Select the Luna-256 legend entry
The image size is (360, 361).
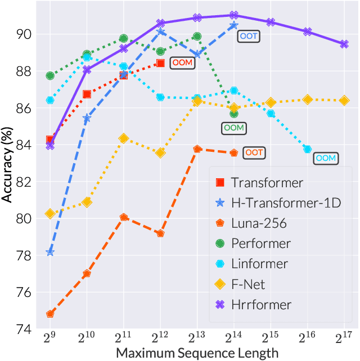[259, 223]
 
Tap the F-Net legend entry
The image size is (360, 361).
[247, 285]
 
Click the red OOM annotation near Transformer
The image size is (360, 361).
[182, 63]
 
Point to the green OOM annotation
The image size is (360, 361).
[233, 128]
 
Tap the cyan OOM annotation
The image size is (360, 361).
[325, 158]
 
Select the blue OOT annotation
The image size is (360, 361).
[248, 35]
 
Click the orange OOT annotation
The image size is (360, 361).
[254, 152]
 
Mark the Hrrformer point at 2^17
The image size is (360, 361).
[344, 44]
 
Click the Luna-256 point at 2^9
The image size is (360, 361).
[50, 314]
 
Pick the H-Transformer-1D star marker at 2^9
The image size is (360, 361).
[50, 252]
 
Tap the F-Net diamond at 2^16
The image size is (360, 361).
[307, 100]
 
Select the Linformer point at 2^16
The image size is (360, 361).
[307, 149]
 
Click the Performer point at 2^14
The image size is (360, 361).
[234, 114]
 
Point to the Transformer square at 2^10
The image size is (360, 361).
[87, 94]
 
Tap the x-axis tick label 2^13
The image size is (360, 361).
[196, 339]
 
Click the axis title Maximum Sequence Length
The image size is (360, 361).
[197, 353]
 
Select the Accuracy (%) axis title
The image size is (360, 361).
[7, 163]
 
